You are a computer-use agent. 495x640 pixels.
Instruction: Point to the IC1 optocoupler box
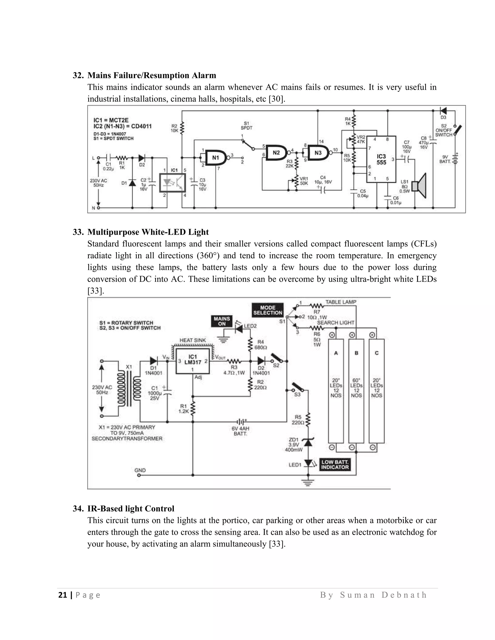172,183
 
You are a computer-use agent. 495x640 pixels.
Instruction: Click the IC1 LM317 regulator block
193,361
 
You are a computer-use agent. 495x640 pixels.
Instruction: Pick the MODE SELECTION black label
268,310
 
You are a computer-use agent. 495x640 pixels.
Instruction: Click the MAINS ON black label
222,321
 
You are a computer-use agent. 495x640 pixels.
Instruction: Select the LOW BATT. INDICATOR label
335,464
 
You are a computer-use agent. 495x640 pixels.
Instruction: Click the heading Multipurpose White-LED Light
148,232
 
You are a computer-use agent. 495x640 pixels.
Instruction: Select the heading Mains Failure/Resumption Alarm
152,75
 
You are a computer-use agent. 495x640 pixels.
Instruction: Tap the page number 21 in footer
62,595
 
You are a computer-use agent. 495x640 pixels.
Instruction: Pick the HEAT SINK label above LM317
193,340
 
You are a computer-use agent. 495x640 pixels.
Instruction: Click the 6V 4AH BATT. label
240,431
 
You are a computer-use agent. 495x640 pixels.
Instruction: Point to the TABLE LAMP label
341,302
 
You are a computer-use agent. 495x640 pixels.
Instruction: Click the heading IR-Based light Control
131,508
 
